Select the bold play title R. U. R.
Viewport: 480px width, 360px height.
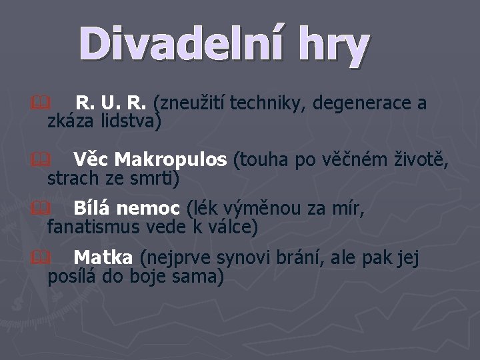tap(111, 104)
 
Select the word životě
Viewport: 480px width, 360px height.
tap(425, 161)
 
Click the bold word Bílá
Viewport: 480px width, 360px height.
tap(91, 209)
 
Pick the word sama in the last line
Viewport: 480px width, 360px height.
tap(203, 275)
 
